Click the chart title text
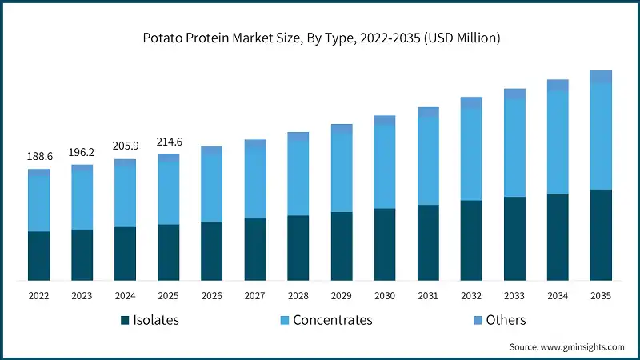pos(320,38)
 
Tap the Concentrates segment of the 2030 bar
pos(385,166)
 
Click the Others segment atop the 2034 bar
pos(558,85)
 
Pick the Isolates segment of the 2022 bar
pos(39,256)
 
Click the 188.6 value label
pos(39,157)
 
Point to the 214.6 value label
pos(169,142)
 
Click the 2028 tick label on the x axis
pos(298,295)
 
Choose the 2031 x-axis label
pos(428,295)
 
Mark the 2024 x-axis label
pos(126,295)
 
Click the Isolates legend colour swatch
pos(125,321)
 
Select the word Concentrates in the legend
pos(333,320)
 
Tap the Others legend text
pos(506,320)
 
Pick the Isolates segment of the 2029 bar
pos(342,246)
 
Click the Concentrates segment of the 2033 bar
pos(514,148)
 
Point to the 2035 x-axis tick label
pos(601,295)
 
